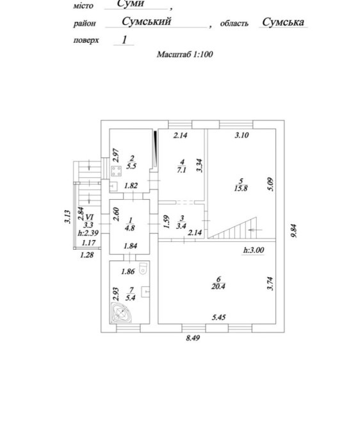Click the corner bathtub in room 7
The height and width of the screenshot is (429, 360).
click(120, 312)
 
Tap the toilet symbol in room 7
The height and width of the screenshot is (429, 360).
click(143, 268)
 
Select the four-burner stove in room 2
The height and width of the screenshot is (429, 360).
click(117, 172)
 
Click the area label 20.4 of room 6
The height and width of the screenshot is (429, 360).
click(218, 287)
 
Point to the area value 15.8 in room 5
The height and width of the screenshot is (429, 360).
click(241, 188)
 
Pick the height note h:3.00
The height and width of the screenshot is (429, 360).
click(254, 250)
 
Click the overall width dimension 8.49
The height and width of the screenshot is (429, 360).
click(193, 338)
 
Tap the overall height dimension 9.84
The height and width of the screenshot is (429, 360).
click(294, 231)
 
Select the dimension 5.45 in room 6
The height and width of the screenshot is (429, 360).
click(219, 318)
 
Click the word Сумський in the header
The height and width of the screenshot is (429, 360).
click(147, 21)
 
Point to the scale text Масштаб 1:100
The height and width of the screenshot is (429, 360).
click(184, 54)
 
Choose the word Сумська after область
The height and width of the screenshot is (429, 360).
click(283, 22)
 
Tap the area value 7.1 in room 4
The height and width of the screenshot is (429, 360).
click(181, 170)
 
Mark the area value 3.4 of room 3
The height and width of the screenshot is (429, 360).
click(181, 226)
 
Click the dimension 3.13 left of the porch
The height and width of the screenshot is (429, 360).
click(68, 216)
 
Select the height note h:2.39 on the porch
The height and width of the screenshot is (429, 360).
click(88, 233)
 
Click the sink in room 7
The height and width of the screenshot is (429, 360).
click(145, 292)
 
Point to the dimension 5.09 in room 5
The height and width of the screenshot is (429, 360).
click(271, 184)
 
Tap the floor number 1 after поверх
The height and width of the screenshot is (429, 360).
click(124, 40)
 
